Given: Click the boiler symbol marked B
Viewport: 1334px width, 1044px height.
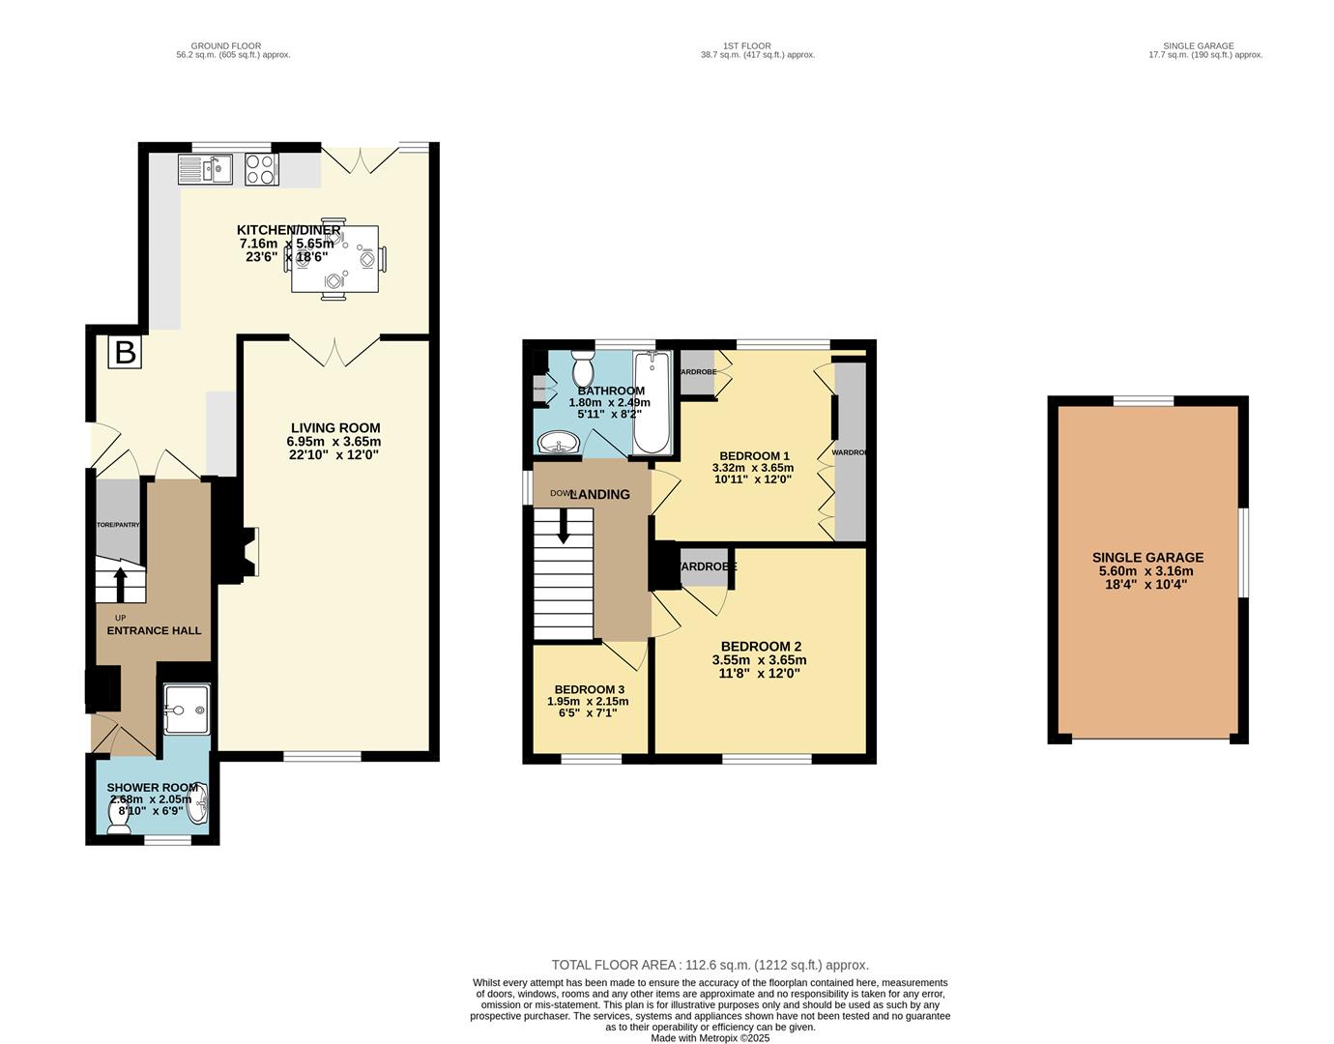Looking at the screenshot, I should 125,352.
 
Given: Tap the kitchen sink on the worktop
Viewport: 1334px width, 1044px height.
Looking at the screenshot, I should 206,170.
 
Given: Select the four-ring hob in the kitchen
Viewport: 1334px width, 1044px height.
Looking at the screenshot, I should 261,170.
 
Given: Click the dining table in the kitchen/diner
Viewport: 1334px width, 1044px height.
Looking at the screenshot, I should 334,258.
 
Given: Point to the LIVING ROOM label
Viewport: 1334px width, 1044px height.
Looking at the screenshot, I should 335,428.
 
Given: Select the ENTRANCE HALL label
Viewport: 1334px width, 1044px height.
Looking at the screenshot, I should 154,630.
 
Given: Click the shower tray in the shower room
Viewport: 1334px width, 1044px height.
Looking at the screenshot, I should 184,710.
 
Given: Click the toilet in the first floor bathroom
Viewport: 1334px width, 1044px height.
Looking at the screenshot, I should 583,368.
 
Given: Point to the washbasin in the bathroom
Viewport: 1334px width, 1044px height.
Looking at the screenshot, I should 558,444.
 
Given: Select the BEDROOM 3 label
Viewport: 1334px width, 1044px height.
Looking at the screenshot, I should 589,689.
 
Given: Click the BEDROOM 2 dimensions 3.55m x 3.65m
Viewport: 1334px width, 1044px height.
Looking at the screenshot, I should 759,660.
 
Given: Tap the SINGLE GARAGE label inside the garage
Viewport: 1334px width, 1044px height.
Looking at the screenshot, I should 1147,558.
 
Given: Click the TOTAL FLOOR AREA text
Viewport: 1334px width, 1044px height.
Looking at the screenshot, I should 710,965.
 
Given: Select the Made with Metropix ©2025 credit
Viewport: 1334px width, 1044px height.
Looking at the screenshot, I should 710,1038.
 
